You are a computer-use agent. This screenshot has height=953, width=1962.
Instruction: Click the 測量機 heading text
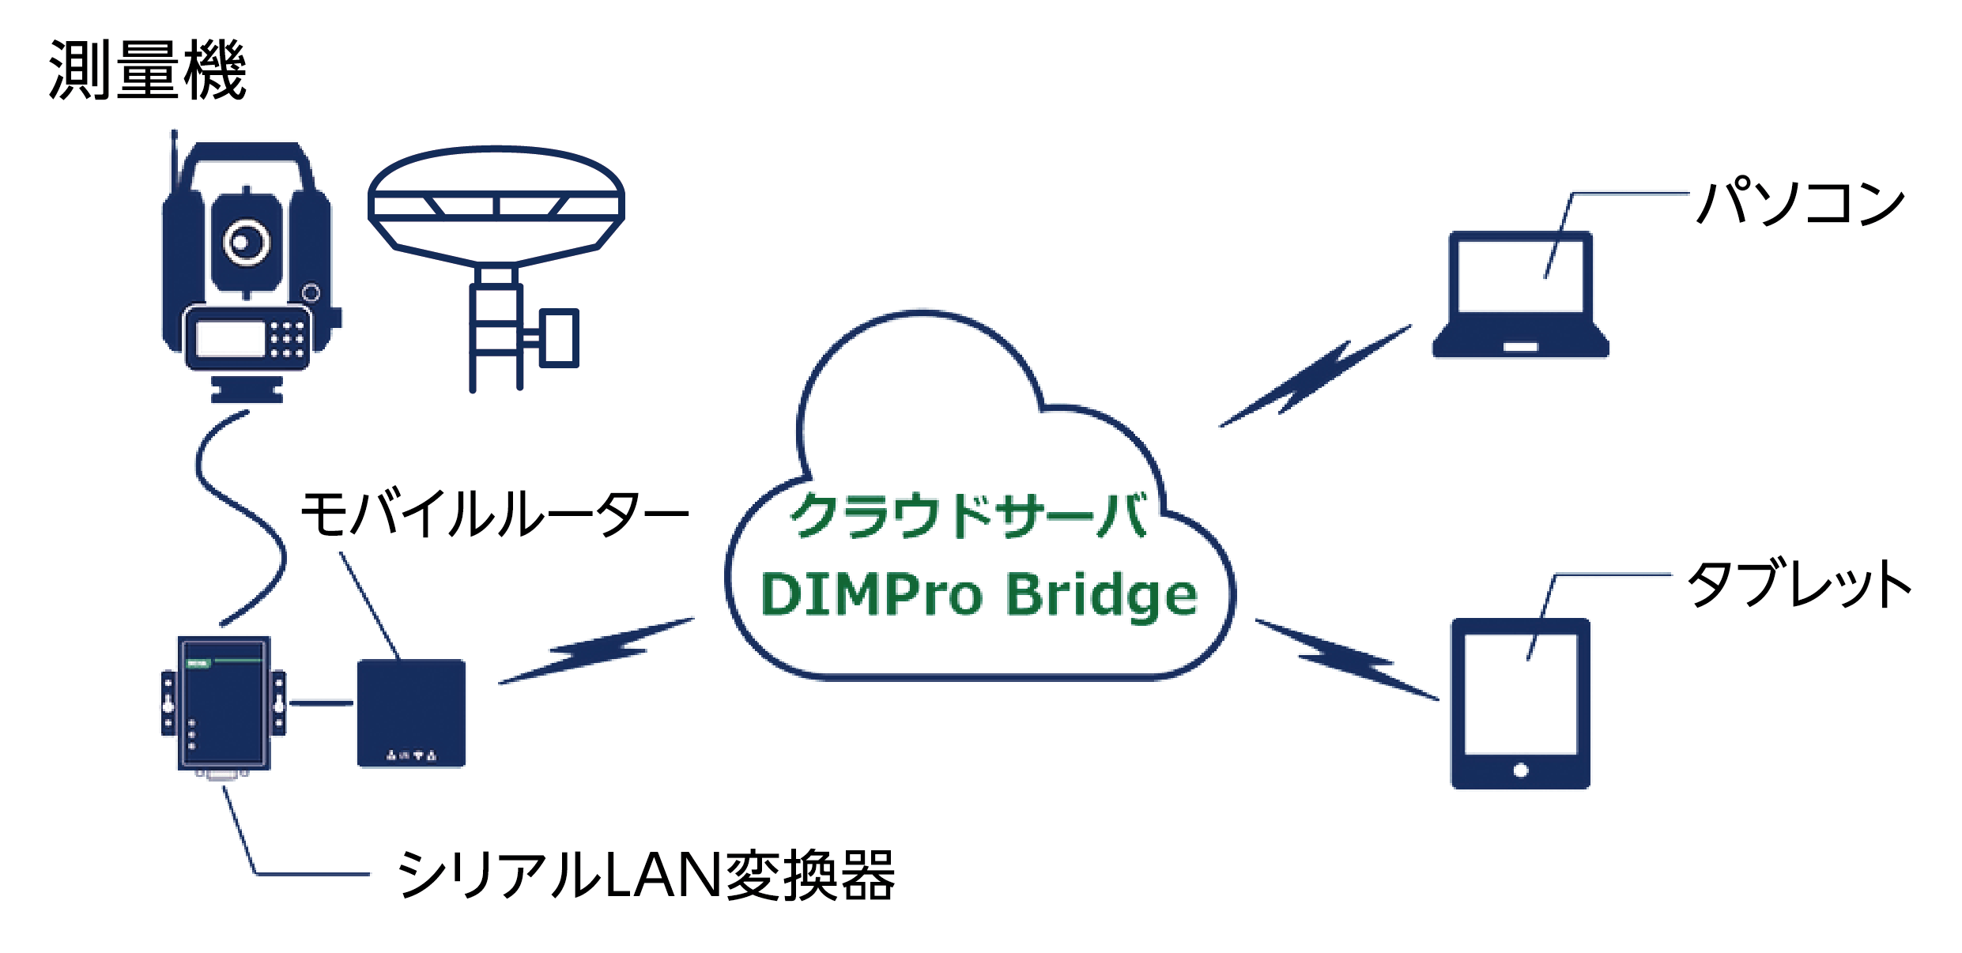[x=148, y=71]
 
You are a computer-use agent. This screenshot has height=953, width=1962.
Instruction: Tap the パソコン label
[x=1801, y=202]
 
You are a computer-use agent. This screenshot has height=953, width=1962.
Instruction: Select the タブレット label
[x=1799, y=585]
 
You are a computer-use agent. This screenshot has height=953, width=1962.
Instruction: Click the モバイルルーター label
[x=495, y=514]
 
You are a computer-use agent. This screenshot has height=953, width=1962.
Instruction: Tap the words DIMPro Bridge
[x=979, y=594]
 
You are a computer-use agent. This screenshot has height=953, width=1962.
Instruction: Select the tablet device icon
[x=1520, y=703]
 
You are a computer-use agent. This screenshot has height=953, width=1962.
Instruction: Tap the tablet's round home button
[x=1520, y=770]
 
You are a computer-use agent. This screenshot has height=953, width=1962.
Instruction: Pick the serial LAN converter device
[x=224, y=703]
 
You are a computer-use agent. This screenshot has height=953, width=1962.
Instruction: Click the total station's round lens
[x=247, y=242]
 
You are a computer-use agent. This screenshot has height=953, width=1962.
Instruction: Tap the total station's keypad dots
[x=287, y=339]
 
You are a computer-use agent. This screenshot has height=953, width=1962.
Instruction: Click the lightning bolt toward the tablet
[x=1347, y=659]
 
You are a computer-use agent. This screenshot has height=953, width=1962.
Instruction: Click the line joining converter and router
[x=322, y=703]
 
